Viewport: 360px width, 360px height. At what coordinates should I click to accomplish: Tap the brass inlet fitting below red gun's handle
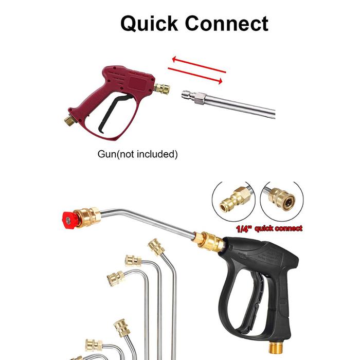[x=69, y=120]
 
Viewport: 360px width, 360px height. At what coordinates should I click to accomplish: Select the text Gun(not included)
[x=137, y=153]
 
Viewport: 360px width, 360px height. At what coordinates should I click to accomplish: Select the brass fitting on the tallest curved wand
[x=156, y=247]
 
